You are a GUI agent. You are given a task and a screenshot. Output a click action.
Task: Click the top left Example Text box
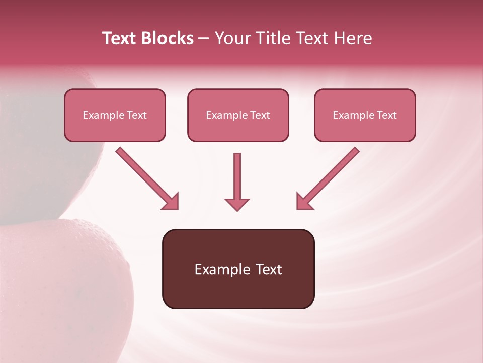point(115,115)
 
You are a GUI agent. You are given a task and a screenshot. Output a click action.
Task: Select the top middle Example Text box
point(238,115)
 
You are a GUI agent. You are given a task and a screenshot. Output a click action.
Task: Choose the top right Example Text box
point(365,115)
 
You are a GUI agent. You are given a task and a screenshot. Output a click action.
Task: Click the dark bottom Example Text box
point(238,269)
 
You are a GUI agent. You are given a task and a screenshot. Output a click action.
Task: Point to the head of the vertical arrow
point(237,204)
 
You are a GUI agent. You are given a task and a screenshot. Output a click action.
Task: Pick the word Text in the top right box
point(386,115)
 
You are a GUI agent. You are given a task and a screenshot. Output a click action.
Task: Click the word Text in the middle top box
point(259,115)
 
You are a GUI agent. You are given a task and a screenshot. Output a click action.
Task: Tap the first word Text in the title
point(120,38)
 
